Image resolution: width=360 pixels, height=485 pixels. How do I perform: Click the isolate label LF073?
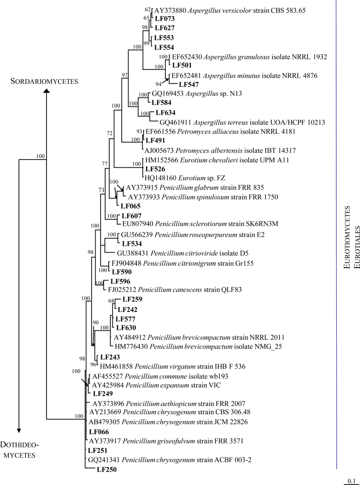pos(164,19)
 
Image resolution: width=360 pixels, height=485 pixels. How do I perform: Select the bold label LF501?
pos(182,65)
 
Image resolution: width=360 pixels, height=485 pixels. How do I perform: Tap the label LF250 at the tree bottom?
pos(107,469)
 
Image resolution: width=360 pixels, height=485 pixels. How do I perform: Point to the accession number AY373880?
pos(170,10)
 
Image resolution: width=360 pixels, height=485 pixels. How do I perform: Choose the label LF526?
pos(156,169)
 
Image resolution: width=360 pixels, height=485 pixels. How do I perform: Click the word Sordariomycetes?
pos(45,82)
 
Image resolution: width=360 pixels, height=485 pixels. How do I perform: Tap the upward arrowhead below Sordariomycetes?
pos(47,95)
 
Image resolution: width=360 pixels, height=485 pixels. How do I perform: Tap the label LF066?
pos(98,432)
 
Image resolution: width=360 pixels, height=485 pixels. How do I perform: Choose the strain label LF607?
pos(131,215)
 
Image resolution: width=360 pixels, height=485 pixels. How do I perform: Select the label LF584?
pos(162,103)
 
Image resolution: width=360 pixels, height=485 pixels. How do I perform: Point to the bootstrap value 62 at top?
pos(148,9)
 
